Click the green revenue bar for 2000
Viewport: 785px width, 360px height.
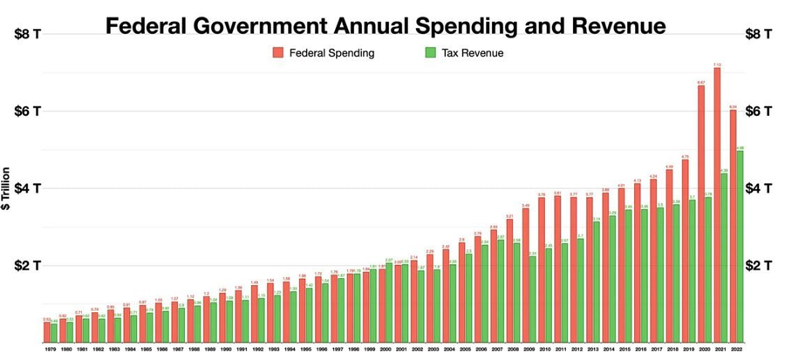[389, 301]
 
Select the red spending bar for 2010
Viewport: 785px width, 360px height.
[542, 269]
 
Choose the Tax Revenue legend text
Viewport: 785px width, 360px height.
[472, 53]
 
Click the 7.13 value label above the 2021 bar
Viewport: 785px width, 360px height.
[717, 65]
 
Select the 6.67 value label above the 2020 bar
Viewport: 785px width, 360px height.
[701, 83]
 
